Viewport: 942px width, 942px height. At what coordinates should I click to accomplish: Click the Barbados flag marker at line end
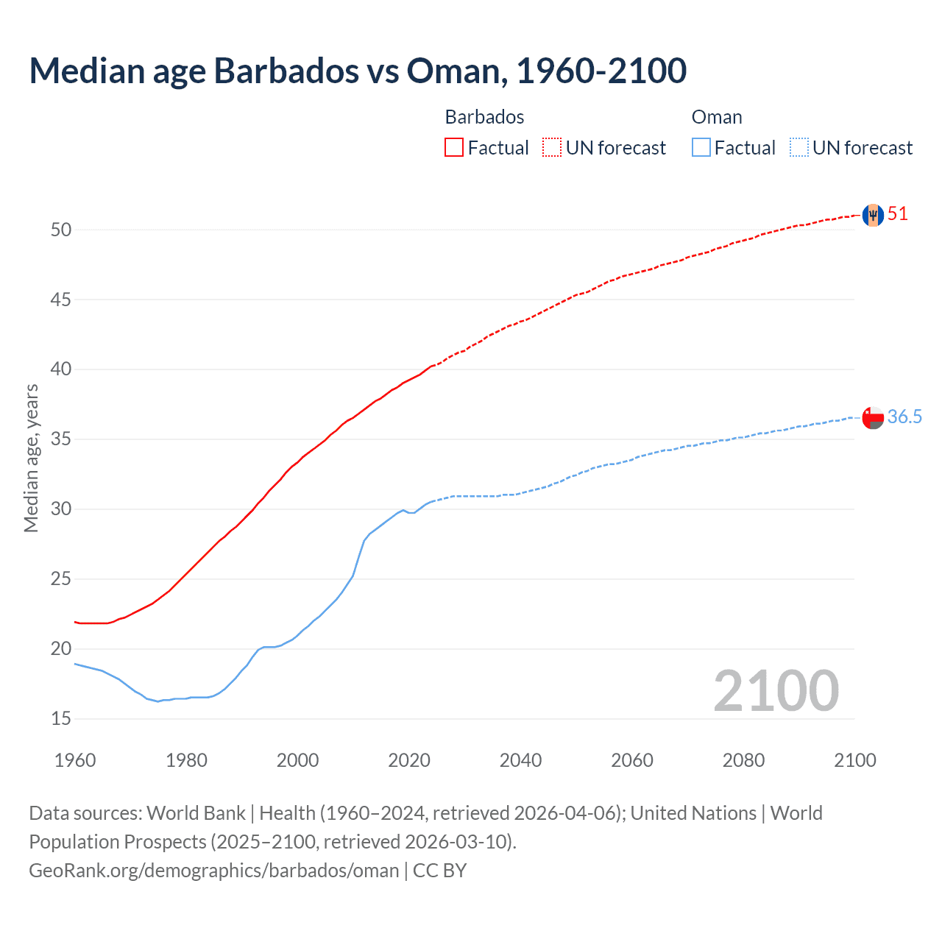point(873,215)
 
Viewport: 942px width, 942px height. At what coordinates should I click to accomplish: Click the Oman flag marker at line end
point(873,417)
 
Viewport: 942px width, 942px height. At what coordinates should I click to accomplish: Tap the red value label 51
point(898,214)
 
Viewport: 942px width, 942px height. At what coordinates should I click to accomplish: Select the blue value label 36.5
point(904,417)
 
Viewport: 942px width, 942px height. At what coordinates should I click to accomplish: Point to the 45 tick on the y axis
point(61,300)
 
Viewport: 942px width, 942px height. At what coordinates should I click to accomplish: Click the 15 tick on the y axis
point(61,718)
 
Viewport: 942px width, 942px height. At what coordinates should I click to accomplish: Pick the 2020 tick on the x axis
point(409,760)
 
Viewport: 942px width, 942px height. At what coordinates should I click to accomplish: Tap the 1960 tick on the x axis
point(75,760)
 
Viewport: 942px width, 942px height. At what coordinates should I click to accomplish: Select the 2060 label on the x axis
point(632,760)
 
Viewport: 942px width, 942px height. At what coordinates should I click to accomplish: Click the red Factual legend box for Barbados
point(454,148)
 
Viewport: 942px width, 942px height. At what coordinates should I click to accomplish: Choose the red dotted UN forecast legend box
point(552,148)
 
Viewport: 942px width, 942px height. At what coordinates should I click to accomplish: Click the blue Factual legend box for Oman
point(701,148)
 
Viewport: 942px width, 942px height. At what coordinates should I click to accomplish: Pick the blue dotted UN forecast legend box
point(799,148)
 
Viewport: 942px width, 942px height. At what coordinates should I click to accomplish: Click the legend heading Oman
point(717,117)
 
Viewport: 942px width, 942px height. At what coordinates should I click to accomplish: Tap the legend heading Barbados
point(484,117)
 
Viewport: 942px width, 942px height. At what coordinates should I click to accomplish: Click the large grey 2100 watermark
point(776,690)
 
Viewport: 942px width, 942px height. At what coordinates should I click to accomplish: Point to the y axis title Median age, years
point(31,458)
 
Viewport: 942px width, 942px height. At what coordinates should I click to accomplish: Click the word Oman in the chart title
point(453,71)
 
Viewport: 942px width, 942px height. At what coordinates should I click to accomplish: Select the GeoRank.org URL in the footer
point(213,870)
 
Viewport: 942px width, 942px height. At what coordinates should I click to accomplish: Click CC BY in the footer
point(439,870)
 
